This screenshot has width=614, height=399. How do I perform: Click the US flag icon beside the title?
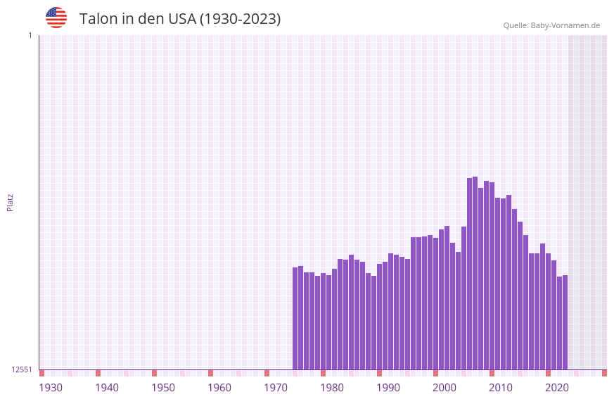pos(56,18)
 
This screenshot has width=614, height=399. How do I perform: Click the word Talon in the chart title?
pos(98,19)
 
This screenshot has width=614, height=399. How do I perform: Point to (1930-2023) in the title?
pos(241,19)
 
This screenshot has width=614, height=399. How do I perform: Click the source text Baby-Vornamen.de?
pos(565,25)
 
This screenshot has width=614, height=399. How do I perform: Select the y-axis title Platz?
pos(10,202)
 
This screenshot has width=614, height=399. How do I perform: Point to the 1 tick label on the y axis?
pos(30,35)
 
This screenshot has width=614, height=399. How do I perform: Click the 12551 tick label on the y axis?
pos(22,369)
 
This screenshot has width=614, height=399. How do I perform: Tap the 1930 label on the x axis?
pos(51,388)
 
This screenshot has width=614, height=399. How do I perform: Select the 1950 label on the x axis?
pos(163,388)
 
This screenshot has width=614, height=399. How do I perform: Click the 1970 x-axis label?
pos(276,388)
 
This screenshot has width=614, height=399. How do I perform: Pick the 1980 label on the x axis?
pos(332,388)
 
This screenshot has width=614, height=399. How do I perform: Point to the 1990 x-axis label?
pos(388,388)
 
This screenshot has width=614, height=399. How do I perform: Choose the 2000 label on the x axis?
pos(444,388)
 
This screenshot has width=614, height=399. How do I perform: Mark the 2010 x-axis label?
pos(501,388)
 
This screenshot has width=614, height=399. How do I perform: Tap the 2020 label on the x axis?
pos(557,388)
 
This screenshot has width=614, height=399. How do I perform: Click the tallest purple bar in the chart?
pos(475,274)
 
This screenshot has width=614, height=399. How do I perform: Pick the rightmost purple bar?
pos(565,322)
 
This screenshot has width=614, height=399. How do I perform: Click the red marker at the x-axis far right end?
pos(604,373)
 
